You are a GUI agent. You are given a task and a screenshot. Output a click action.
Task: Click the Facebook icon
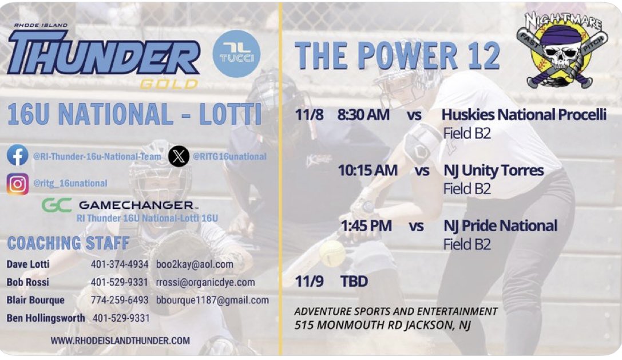18,156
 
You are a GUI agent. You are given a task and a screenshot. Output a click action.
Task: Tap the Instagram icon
18,184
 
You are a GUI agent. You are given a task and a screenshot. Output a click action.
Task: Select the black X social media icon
179,156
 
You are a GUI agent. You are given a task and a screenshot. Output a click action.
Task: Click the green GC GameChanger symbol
57,204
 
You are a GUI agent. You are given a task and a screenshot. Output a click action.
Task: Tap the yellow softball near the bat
332,253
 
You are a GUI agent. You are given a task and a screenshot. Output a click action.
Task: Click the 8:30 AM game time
363,115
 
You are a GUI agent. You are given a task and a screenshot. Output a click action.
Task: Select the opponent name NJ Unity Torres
493,171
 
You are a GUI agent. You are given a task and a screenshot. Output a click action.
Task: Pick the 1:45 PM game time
366,226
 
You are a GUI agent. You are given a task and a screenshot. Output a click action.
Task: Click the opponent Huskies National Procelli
524,115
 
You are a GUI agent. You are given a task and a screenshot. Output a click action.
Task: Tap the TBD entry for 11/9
354,282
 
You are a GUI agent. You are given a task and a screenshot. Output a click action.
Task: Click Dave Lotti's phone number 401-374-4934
120,264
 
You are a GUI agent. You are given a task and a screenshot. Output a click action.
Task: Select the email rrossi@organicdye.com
205,282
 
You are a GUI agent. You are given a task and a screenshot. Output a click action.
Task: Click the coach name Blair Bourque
35,300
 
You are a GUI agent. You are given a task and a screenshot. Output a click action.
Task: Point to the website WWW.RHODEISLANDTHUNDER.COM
120,341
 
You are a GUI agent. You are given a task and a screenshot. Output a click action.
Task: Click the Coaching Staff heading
68,243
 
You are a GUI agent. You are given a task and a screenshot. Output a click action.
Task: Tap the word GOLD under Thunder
169,84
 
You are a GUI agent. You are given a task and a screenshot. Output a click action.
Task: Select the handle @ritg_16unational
70,184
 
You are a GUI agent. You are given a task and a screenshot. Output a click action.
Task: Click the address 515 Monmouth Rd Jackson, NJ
382,326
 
